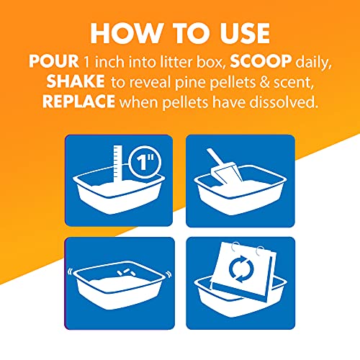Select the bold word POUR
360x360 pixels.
53,61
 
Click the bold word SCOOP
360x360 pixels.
261,61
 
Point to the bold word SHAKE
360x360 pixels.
76,81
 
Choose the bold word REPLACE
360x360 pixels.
78,102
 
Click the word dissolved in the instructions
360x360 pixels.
284,102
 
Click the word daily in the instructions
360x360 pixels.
313,63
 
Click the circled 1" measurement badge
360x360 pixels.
145,162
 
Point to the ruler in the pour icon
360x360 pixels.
118,164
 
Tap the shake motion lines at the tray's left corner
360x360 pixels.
70,272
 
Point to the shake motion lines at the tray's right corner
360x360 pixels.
168,274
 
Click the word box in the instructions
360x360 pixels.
211,62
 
